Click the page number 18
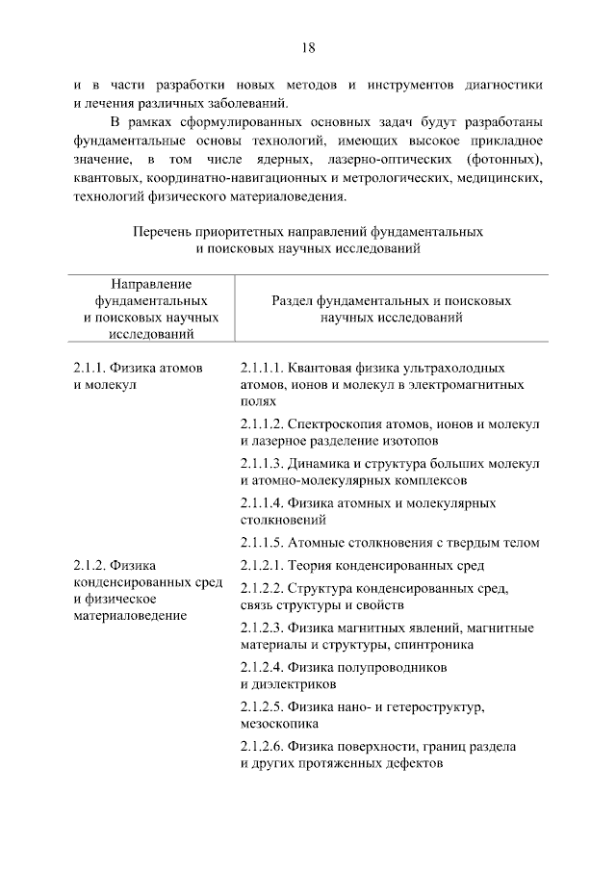pos(308,47)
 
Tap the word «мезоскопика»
pos(279,724)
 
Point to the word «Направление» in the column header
pos(151,284)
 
